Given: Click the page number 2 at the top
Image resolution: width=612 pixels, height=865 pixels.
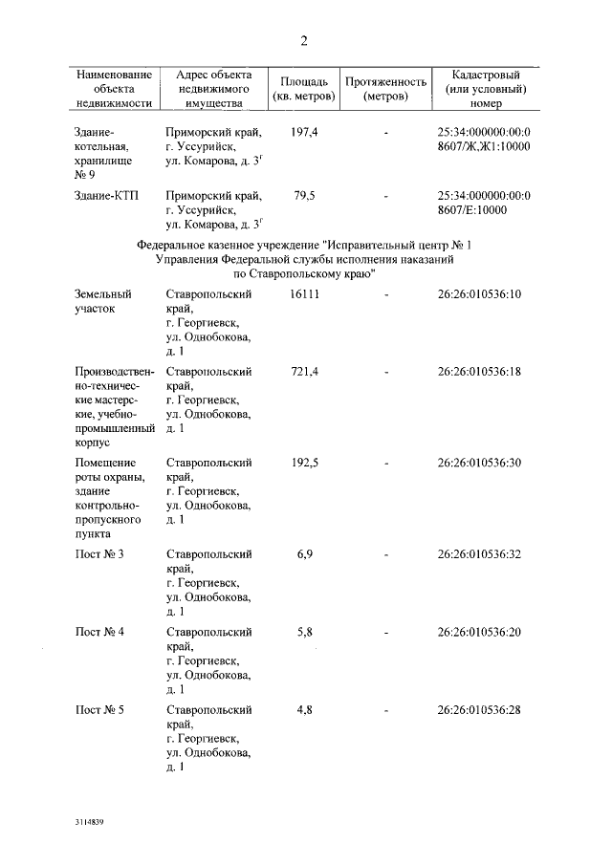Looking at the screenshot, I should pyautogui.click(x=304, y=41).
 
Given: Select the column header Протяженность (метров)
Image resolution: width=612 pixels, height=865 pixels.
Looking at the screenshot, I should pyautogui.click(x=385, y=89).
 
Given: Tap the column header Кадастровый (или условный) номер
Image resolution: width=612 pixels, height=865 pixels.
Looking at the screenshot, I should pyautogui.click(x=485, y=89).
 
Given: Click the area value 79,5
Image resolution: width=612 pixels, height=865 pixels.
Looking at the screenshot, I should pyautogui.click(x=304, y=195).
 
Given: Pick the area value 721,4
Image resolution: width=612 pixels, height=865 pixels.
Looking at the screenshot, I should pyautogui.click(x=304, y=371).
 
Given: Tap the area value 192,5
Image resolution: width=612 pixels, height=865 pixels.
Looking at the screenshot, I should pyautogui.click(x=304, y=463).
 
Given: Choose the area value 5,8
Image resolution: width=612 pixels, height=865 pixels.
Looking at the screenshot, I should pyautogui.click(x=304, y=632).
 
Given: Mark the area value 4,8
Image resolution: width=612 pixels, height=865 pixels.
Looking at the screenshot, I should pyautogui.click(x=304, y=709).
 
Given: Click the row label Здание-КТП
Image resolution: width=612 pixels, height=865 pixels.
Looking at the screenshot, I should pyautogui.click(x=106, y=195).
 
